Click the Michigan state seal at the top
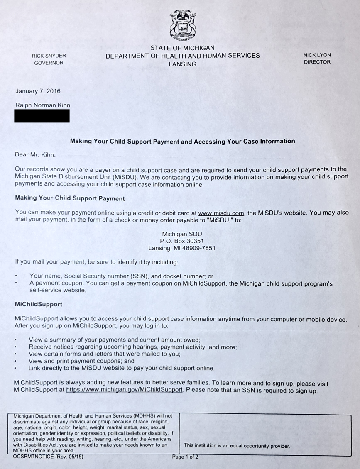click(x=183, y=24)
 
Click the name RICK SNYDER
click(x=49, y=56)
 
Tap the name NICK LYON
click(x=317, y=55)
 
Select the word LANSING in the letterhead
click(x=182, y=64)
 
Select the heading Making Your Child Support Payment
click(x=70, y=198)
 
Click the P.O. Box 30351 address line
click(x=182, y=241)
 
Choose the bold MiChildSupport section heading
click(x=38, y=304)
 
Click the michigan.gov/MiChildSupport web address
click(x=125, y=390)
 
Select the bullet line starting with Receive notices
click(x=132, y=347)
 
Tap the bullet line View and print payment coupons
click(x=81, y=361)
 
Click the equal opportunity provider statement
click(x=237, y=445)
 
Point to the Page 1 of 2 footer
click(x=185, y=457)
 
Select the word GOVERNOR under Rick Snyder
click(x=49, y=63)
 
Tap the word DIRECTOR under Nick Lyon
click(x=317, y=62)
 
